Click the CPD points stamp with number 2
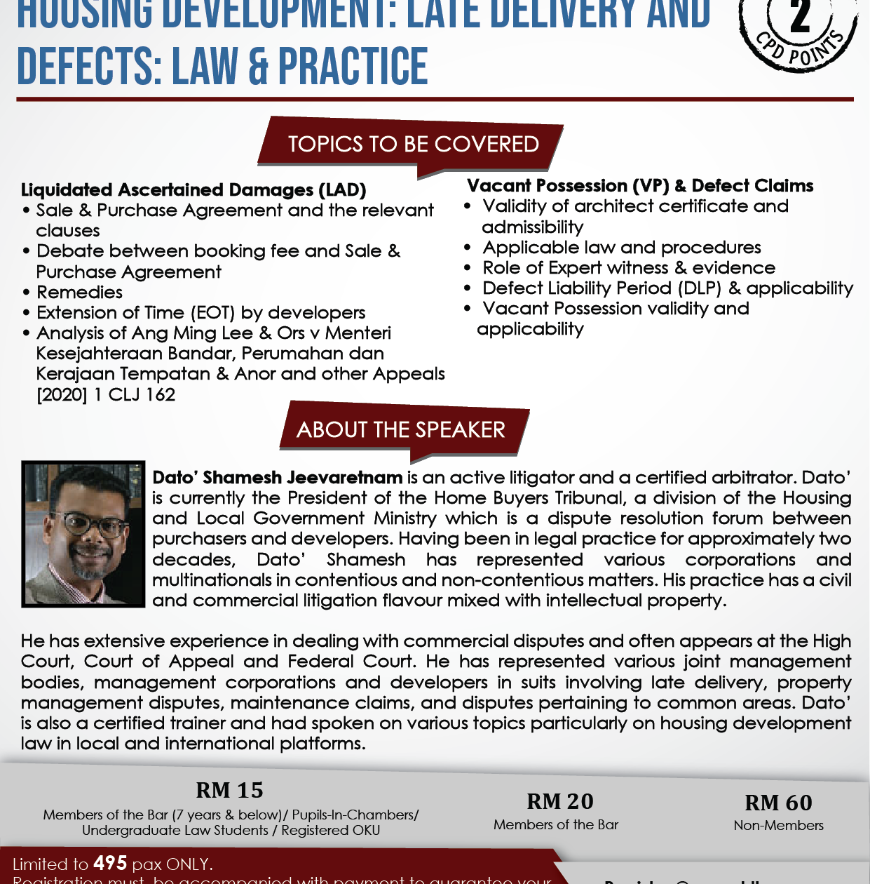[x=798, y=32]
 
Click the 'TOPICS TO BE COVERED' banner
[x=413, y=144]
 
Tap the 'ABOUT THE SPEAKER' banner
[x=401, y=429]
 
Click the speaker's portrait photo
[x=83, y=533]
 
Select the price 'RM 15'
[x=229, y=790]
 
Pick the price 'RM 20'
[x=559, y=801]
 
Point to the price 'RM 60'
[x=778, y=803]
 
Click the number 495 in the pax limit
[x=110, y=863]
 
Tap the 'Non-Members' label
[x=778, y=826]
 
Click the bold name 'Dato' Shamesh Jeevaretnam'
[x=278, y=478]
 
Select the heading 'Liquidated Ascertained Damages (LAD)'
[x=193, y=189]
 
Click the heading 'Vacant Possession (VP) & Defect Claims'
[x=640, y=186]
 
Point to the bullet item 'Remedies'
[x=79, y=292]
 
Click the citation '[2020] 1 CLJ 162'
[x=106, y=394]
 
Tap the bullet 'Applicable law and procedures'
[x=621, y=248]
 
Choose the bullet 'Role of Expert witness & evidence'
[x=628, y=268]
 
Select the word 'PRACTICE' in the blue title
[x=353, y=67]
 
